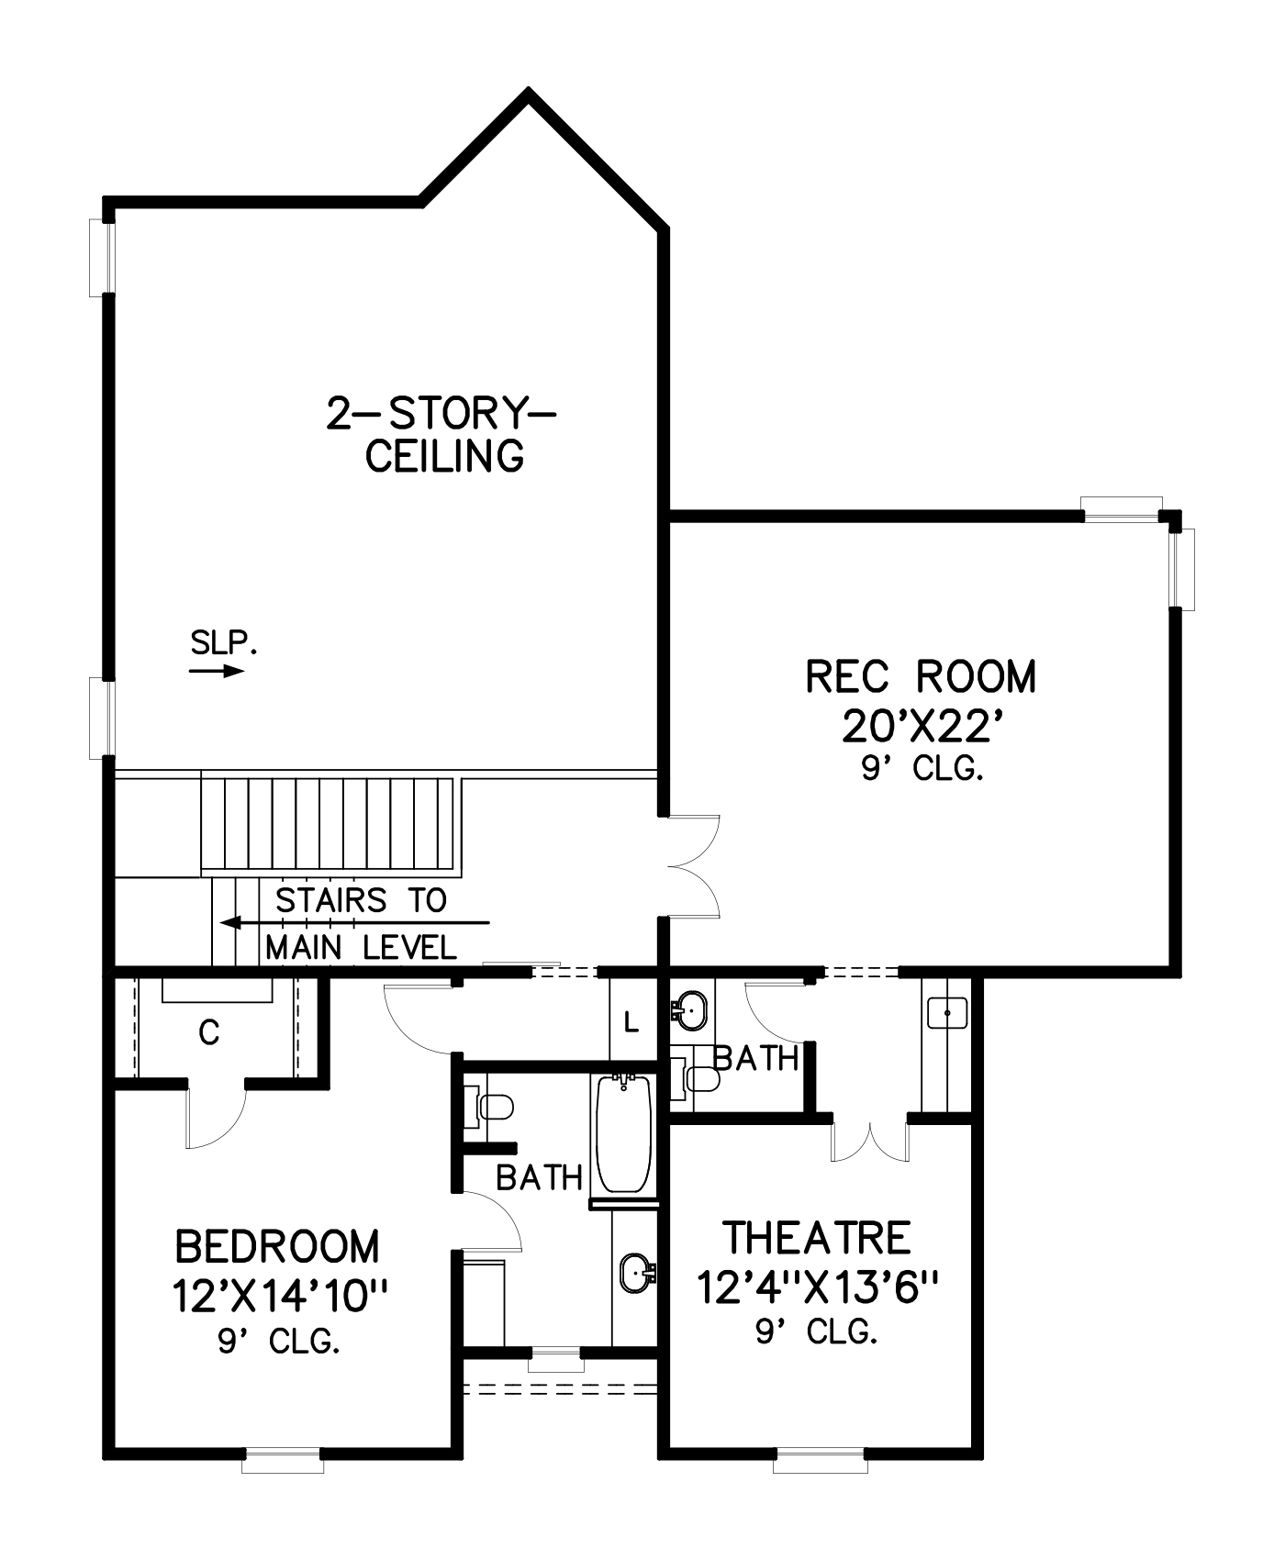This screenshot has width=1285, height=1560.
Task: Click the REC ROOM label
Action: pyautogui.click(x=921, y=676)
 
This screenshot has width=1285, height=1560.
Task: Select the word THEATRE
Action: pyautogui.click(x=817, y=1237)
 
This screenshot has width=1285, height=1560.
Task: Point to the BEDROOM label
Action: pyautogui.click(x=277, y=1246)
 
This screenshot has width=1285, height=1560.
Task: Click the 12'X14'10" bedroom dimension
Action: pyautogui.click(x=280, y=1297)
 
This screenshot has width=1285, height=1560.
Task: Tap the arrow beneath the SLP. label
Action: pyautogui.click(x=217, y=671)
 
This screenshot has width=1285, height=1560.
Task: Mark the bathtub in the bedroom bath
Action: pyautogui.click(x=624, y=1134)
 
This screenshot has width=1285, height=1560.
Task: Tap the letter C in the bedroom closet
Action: pyautogui.click(x=209, y=1034)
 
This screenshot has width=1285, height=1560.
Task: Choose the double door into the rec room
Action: pyautogui.click(x=694, y=865)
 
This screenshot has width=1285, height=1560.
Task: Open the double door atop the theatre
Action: pyautogui.click(x=869, y=1141)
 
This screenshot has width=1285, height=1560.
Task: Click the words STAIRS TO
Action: pyautogui.click(x=361, y=900)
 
